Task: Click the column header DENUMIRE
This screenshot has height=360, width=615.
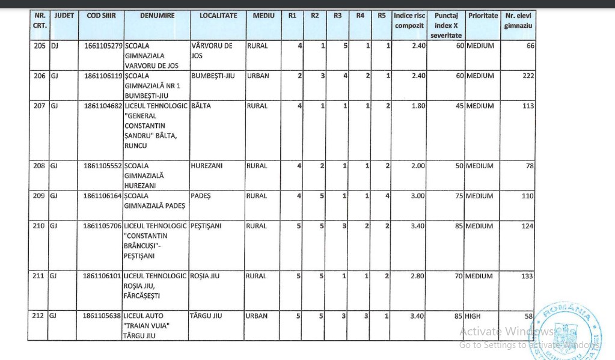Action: [156, 16]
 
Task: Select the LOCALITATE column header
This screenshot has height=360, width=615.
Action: [218, 16]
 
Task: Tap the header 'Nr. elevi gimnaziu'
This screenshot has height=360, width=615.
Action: [518, 20]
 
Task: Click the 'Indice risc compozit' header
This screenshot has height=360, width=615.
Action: [409, 20]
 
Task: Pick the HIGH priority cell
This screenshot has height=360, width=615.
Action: [473, 316]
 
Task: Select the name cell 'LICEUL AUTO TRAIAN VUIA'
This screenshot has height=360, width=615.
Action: [147, 325]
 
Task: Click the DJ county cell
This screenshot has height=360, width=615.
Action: [54, 46]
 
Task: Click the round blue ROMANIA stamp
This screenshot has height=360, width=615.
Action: [566, 330]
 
